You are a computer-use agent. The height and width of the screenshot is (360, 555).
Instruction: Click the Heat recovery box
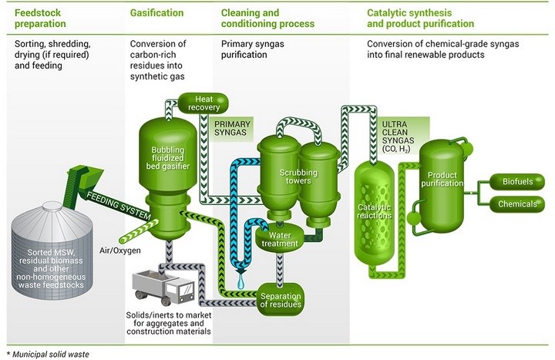[x=203, y=103]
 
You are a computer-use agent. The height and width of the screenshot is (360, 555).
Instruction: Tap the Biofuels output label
[x=517, y=182]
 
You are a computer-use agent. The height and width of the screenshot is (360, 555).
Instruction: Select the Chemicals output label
[x=517, y=204]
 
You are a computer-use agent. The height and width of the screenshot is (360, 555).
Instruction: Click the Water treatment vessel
[x=280, y=239]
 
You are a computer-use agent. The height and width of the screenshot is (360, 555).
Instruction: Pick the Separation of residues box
[x=281, y=300]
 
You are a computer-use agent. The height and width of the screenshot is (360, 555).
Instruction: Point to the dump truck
[x=163, y=287]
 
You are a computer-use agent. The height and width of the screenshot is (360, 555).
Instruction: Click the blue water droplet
[x=240, y=282]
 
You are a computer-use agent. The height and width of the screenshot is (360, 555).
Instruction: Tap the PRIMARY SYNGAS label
[x=232, y=128]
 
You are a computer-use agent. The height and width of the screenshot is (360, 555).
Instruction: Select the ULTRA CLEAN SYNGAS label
[x=395, y=136]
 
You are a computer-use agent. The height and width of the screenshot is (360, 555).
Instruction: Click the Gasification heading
[x=156, y=13]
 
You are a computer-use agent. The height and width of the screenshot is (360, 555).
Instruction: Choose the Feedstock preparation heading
[x=40, y=19]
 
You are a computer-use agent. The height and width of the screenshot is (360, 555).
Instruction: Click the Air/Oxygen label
[x=120, y=251]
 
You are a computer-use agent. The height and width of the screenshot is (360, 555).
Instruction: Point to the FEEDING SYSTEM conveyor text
[x=119, y=205]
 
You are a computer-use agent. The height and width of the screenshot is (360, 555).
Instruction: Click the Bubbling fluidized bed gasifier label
[x=168, y=158]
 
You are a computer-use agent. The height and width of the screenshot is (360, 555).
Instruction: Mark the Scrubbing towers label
[x=298, y=177]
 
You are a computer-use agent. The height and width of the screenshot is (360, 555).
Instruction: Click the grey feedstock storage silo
[x=52, y=252]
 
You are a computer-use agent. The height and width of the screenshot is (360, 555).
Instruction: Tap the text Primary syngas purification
[x=252, y=49]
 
